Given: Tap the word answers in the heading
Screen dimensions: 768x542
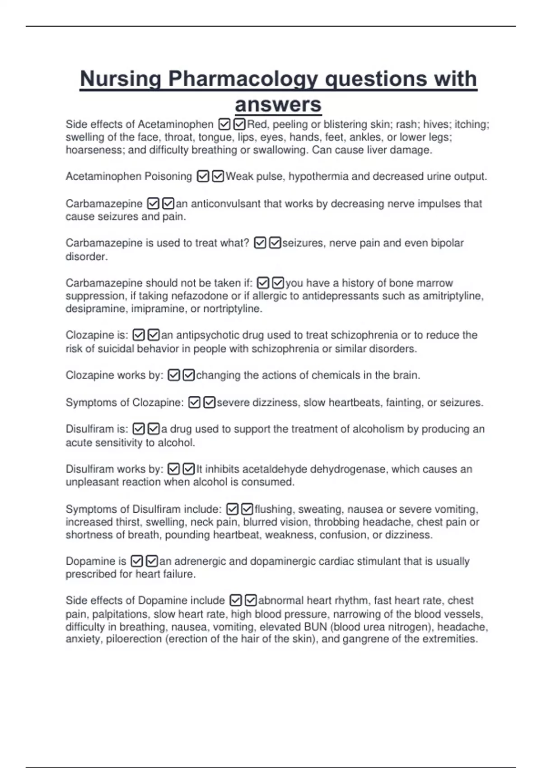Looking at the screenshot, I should tap(278, 105).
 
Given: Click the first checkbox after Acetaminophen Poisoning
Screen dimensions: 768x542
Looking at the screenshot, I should tap(203, 176).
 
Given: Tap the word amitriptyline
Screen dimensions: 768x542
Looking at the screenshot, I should tap(453, 296).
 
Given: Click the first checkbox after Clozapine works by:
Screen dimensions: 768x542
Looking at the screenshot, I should tap(174, 375).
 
